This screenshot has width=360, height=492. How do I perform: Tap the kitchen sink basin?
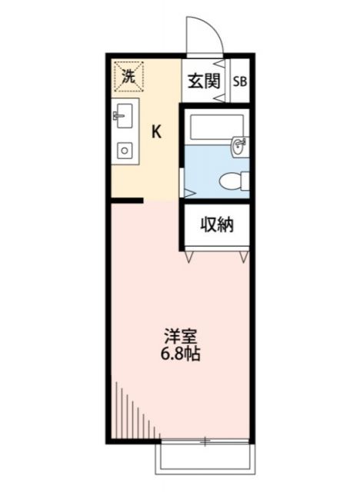(x=124, y=118)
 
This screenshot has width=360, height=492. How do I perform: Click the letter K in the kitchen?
(x=156, y=131)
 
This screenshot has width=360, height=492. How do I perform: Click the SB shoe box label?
(x=239, y=81)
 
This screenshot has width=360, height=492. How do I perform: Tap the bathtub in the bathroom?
(x=216, y=125)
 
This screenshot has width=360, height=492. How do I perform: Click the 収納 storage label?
(x=217, y=225)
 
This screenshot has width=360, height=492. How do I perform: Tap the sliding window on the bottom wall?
(x=205, y=441)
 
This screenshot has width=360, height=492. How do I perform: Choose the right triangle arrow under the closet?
(x=245, y=257)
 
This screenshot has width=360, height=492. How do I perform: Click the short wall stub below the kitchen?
(x=126, y=201)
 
